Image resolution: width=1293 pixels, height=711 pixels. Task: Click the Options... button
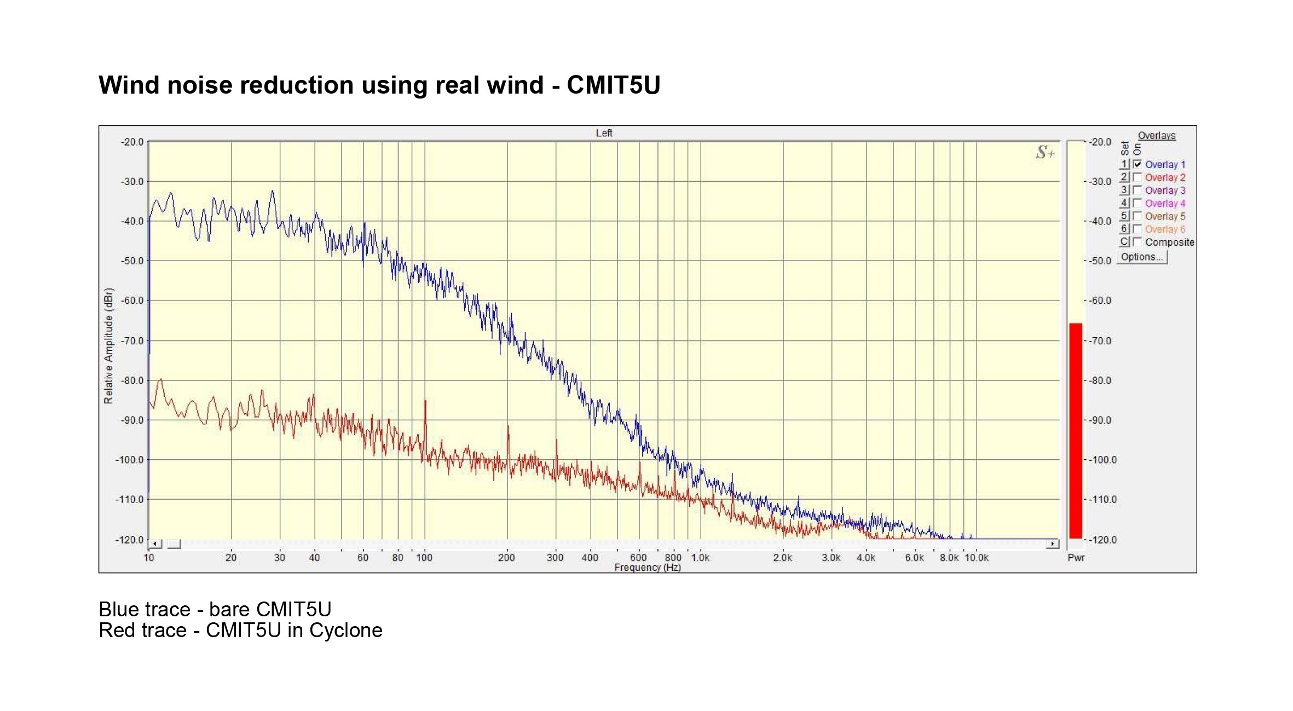tap(1141, 257)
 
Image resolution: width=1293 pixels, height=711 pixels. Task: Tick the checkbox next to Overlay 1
tap(1138, 164)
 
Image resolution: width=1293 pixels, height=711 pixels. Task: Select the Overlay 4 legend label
tap(1165, 204)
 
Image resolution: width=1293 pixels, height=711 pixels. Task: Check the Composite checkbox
tap(1138, 242)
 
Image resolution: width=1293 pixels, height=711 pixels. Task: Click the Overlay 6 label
tap(1165, 229)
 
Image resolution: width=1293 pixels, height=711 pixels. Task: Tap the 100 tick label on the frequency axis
tap(424, 558)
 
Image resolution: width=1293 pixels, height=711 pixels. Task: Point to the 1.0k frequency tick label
tap(700, 558)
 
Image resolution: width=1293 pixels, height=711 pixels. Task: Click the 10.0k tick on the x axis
tap(977, 558)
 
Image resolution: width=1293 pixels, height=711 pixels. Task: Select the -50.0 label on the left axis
tap(132, 261)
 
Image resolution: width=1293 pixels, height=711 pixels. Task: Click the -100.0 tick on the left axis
tap(130, 460)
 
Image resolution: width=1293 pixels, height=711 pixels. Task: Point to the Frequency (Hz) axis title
tap(648, 568)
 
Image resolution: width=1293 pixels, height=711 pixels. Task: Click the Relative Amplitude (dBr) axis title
tap(108, 346)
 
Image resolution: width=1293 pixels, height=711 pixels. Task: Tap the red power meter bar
tap(1076, 431)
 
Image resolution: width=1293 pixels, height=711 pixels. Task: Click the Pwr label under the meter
tap(1076, 558)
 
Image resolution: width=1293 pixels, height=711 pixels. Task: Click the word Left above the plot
tap(604, 133)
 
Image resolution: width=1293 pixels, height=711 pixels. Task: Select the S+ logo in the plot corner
tap(1044, 153)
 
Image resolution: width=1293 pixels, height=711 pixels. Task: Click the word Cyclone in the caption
tap(346, 631)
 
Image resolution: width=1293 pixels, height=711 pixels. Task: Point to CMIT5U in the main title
tap(614, 85)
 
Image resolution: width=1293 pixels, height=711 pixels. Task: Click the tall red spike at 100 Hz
tap(425, 416)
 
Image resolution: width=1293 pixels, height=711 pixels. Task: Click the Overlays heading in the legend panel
tap(1157, 136)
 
